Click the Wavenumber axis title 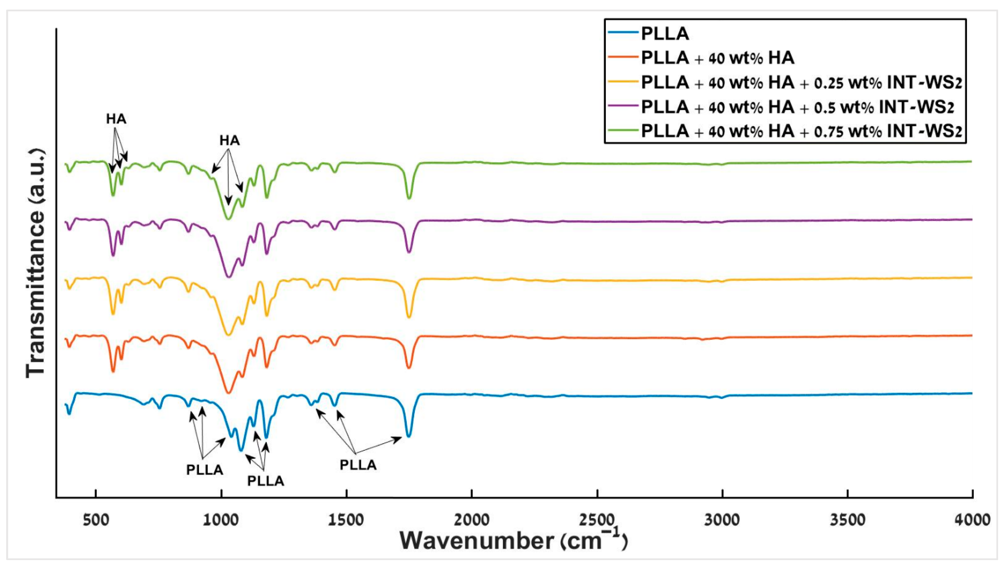[x=513, y=541]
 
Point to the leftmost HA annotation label [x=116, y=119]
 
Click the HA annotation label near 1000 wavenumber [x=229, y=141]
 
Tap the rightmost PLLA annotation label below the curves [x=358, y=465]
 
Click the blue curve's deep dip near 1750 [x=408, y=436]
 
